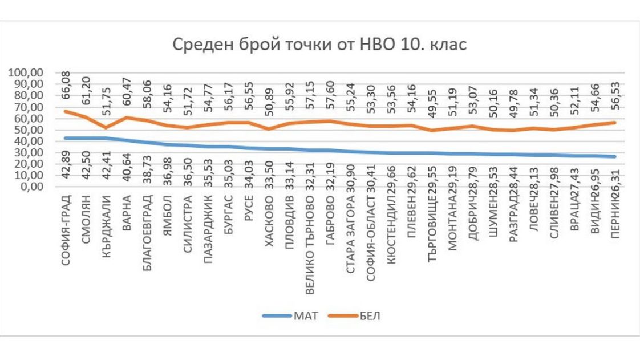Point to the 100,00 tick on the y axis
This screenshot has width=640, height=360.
pyautogui.click(x=26, y=72)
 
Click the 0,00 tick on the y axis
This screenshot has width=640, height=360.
pyautogui.click(x=31, y=187)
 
